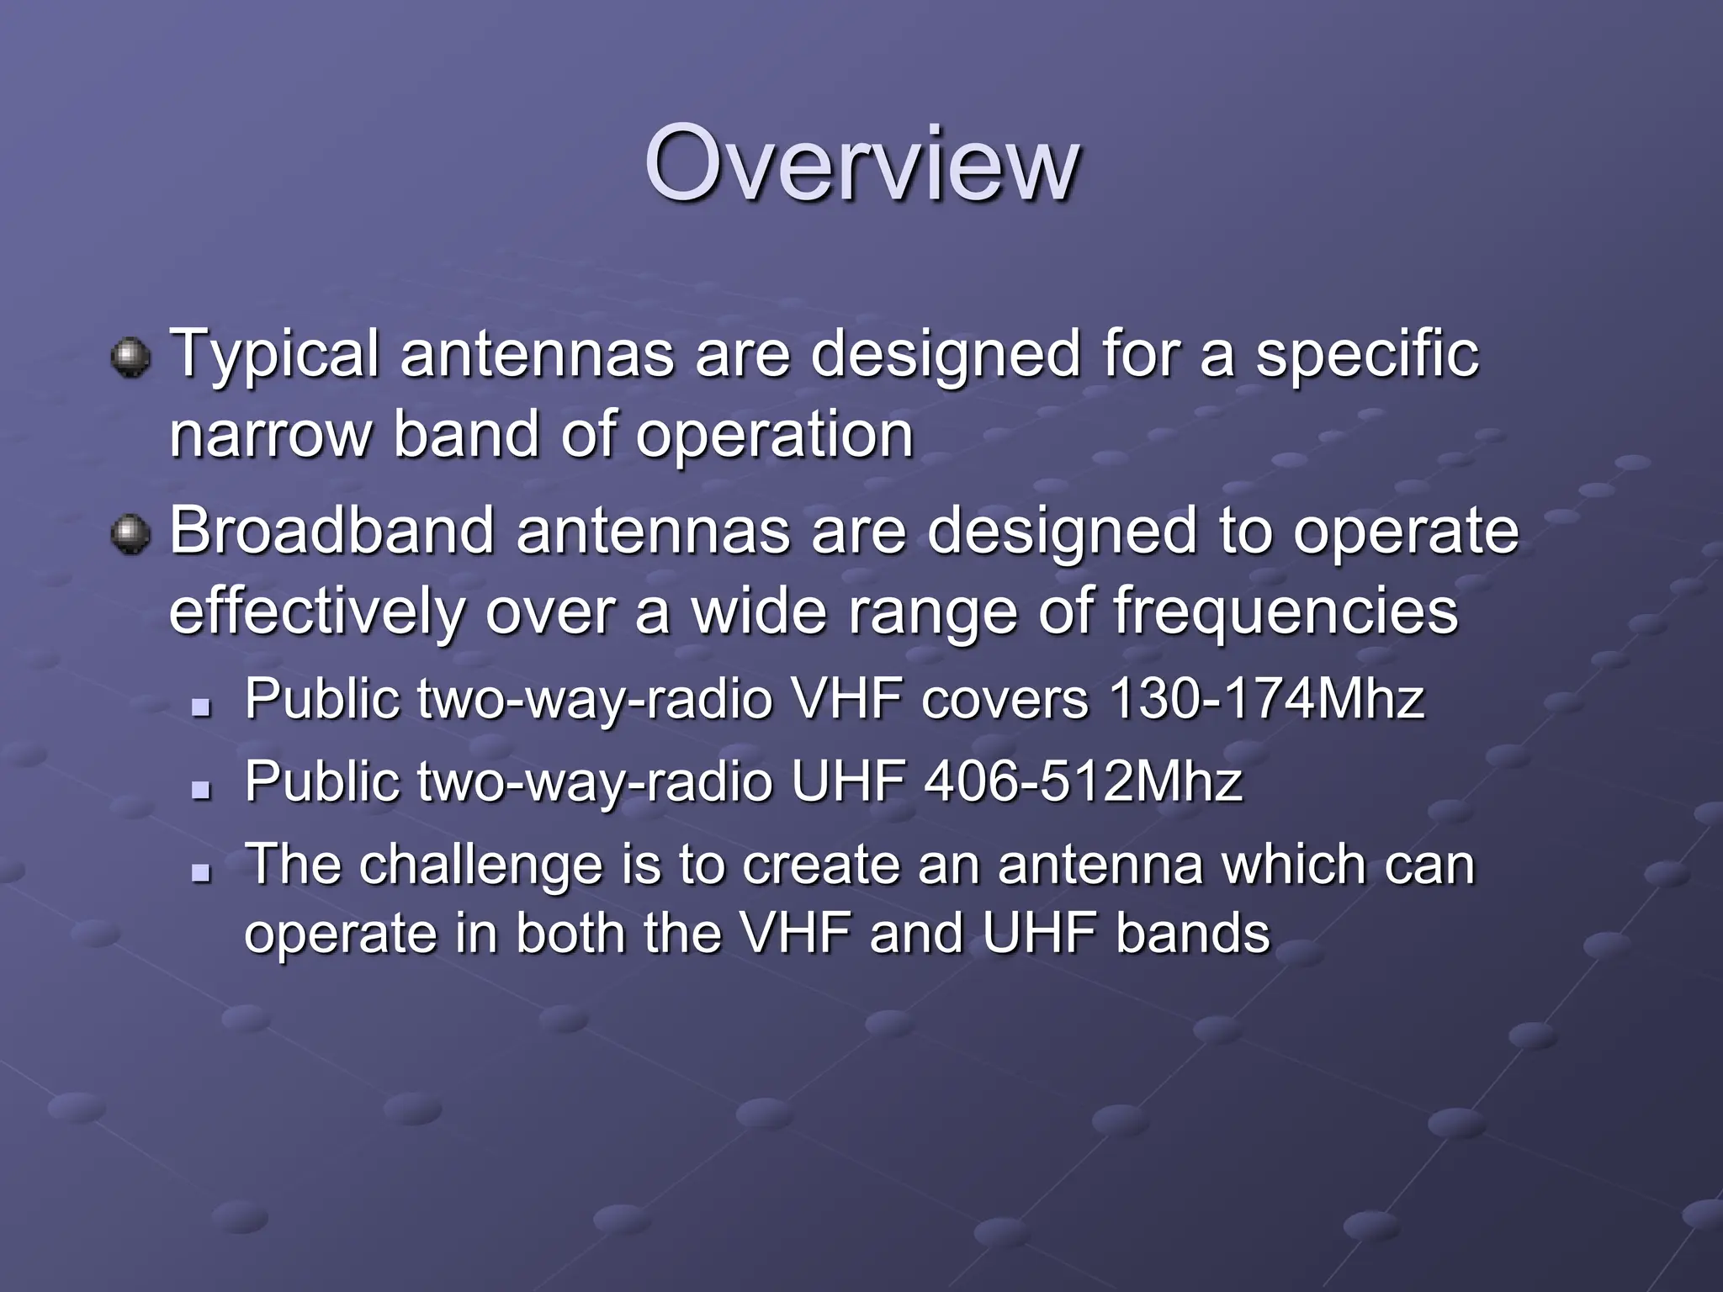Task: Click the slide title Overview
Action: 861,164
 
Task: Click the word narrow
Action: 269,436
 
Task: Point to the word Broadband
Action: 331,531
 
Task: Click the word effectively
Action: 315,612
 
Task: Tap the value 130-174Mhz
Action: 1266,699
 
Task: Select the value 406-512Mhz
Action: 1083,781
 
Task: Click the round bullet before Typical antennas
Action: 130,357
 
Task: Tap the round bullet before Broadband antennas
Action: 130,534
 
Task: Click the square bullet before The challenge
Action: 200,872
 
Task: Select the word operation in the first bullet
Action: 774,436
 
